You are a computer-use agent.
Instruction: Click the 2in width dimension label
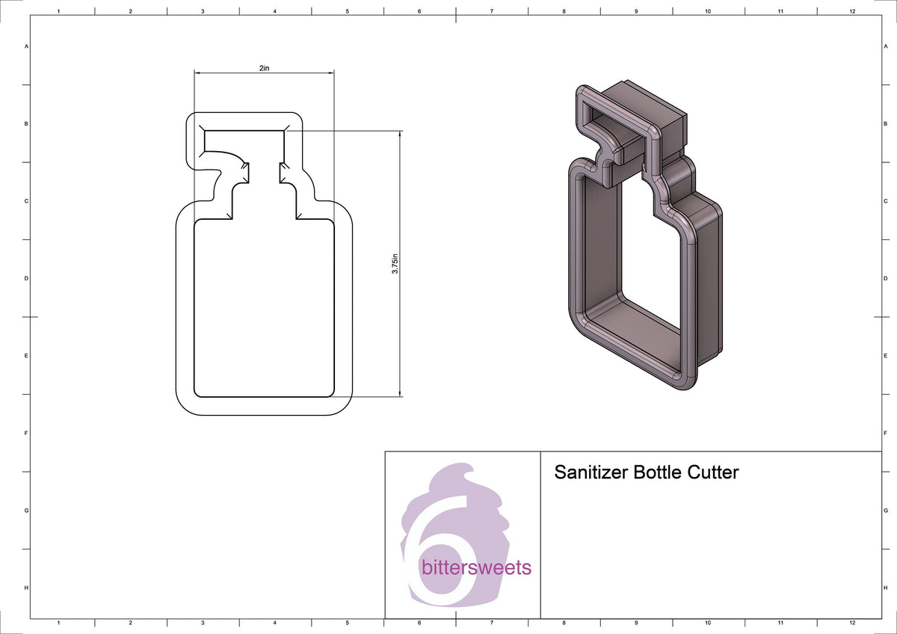(264, 68)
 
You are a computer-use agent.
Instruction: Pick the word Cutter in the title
(715, 473)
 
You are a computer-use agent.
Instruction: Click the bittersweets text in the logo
(476, 567)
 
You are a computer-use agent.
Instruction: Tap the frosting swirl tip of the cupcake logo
(469, 470)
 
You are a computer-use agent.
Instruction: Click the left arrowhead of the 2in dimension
(197, 73)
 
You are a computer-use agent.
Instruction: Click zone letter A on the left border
(27, 46)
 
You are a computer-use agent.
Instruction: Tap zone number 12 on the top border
(852, 12)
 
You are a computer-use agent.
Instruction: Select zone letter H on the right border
(885, 588)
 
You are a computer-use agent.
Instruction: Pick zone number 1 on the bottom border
(58, 622)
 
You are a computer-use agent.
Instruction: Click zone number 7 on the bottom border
(491, 622)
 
